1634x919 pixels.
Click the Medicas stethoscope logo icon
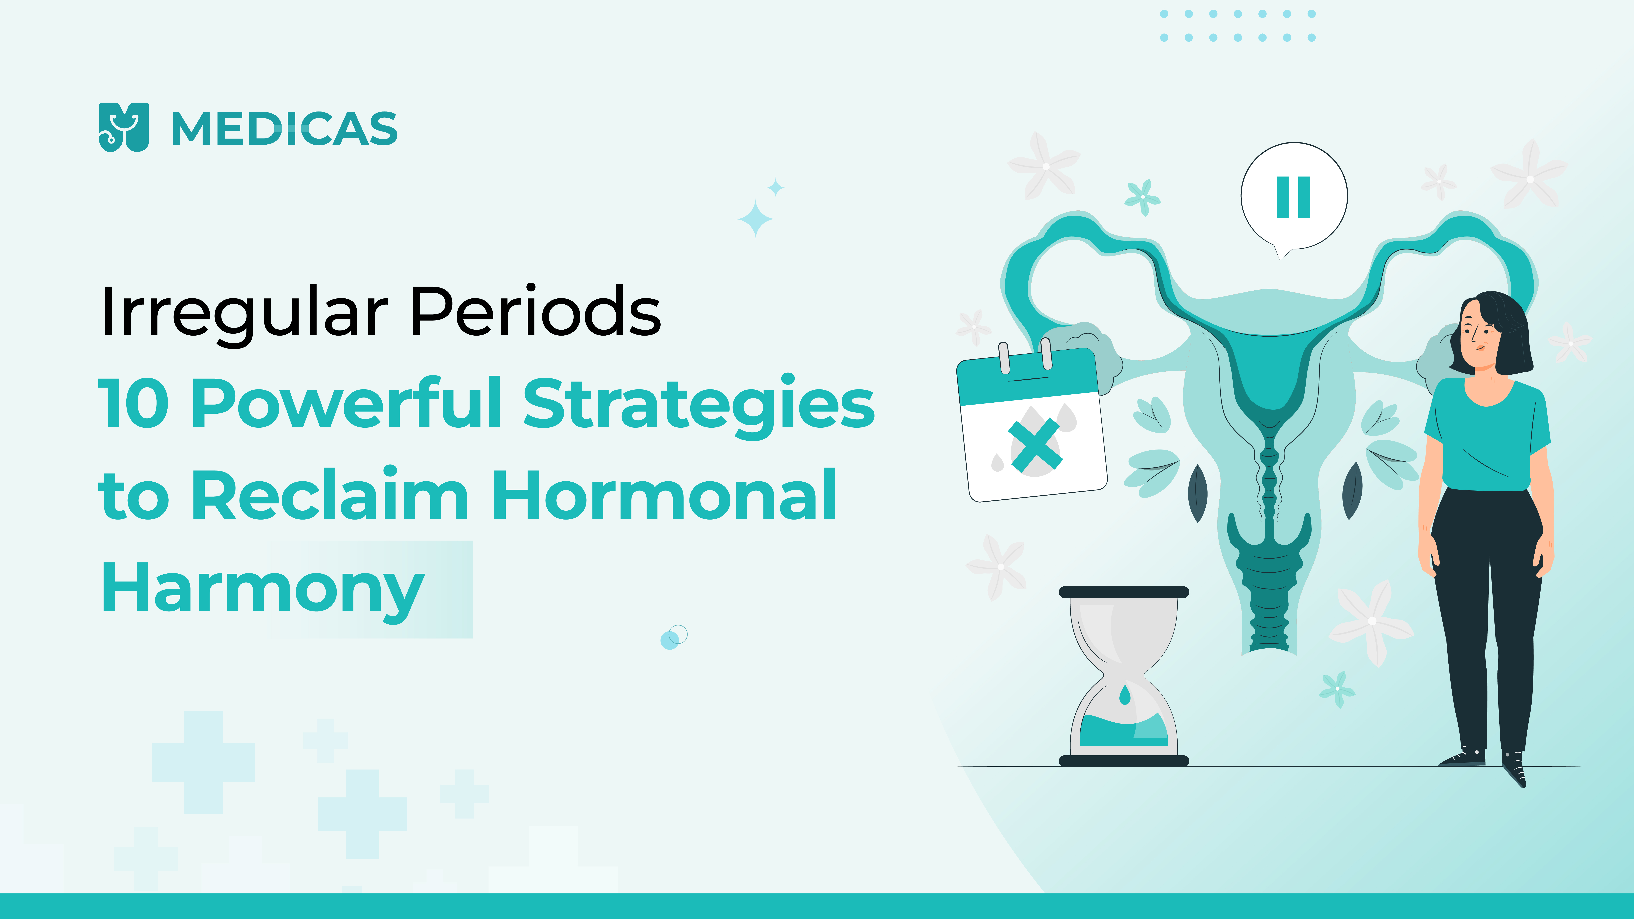pyautogui.click(x=124, y=127)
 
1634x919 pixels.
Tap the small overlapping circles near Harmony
pyautogui.click(x=674, y=637)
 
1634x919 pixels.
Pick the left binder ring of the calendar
pyautogui.click(x=1004, y=358)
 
